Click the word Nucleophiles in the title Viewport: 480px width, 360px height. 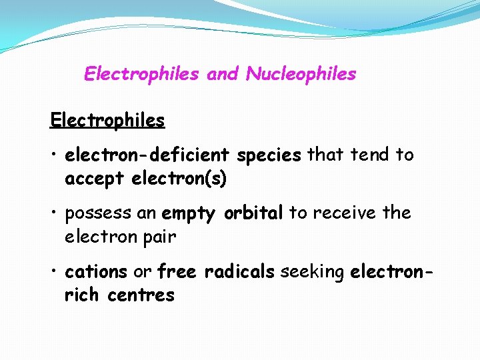[x=301, y=75]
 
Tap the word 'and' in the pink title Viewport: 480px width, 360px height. [x=223, y=74]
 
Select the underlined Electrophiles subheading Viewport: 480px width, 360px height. [x=107, y=121]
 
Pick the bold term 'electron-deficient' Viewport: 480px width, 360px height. [x=148, y=155]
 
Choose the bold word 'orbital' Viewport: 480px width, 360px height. [x=253, y=213]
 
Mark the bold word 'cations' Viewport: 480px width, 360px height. [x=96, y=272]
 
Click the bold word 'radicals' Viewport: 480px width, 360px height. [x=240, y=272]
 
